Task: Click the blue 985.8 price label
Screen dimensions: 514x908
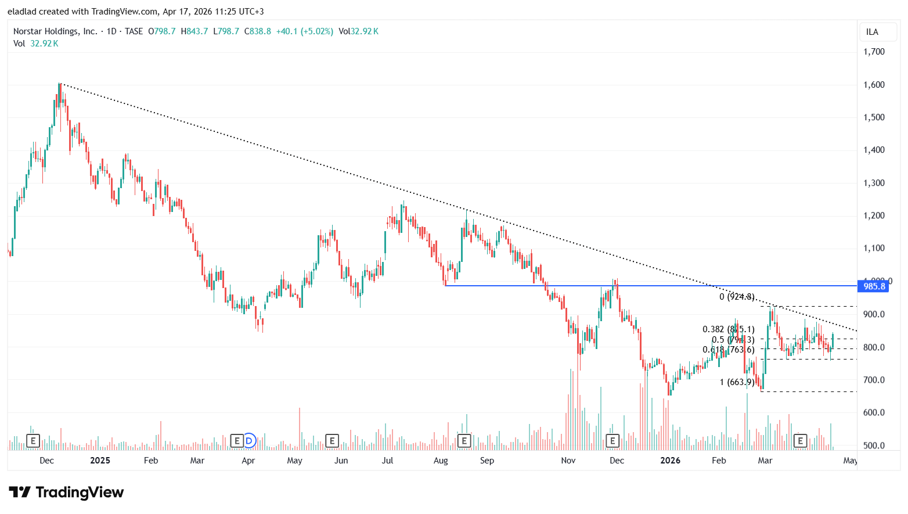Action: click(874, 286)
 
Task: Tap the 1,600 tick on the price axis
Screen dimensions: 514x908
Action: click(874, 85)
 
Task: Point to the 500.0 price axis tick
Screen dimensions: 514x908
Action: click(874, 445)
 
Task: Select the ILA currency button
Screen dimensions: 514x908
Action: click(872, 32)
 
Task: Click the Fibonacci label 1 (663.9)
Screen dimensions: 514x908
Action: click(737, 382)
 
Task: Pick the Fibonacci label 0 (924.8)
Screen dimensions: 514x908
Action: click(737, 297)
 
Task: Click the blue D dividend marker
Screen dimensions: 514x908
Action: click(249, 441)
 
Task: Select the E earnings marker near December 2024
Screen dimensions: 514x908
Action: click(33, 441)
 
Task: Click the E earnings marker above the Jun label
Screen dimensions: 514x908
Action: click(332, 441)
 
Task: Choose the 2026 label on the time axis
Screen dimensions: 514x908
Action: click(671, 461)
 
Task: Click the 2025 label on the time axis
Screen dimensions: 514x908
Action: click(100, 461)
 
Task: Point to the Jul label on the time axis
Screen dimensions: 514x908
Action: click(387, 461)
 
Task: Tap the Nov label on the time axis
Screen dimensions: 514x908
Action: click(568, 461)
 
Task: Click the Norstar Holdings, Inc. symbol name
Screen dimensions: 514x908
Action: click(55, 31)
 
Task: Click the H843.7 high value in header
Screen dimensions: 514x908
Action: click(194, 31)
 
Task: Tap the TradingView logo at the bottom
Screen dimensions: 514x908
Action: click(66, 493)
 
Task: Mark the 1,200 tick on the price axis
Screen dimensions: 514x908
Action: click(874, 215)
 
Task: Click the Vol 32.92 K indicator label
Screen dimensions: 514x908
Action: click(36, 44)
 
